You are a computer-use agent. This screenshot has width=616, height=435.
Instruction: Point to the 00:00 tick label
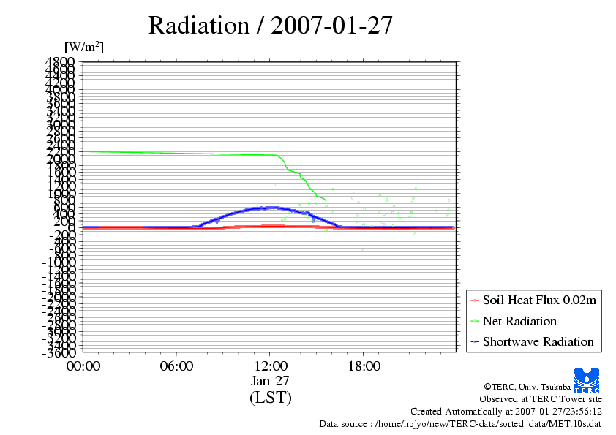(x=83, y=366)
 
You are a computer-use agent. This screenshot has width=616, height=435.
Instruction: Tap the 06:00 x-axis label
(x=176, y=366)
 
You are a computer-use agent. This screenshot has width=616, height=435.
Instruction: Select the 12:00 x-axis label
(x=270, y=366)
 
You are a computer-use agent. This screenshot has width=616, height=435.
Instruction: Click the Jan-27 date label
(x=270, y=381)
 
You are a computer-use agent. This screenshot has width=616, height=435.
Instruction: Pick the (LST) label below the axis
(x=270, y=398)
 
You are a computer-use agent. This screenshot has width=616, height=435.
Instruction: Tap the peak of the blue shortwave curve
(x=272, y=208)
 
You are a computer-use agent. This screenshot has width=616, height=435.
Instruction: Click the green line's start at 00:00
(x=84, y=151)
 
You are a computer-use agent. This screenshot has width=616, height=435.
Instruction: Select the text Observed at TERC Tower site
(x=541, y=399)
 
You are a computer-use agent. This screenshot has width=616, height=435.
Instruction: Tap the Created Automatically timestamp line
(x=506, y=412)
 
